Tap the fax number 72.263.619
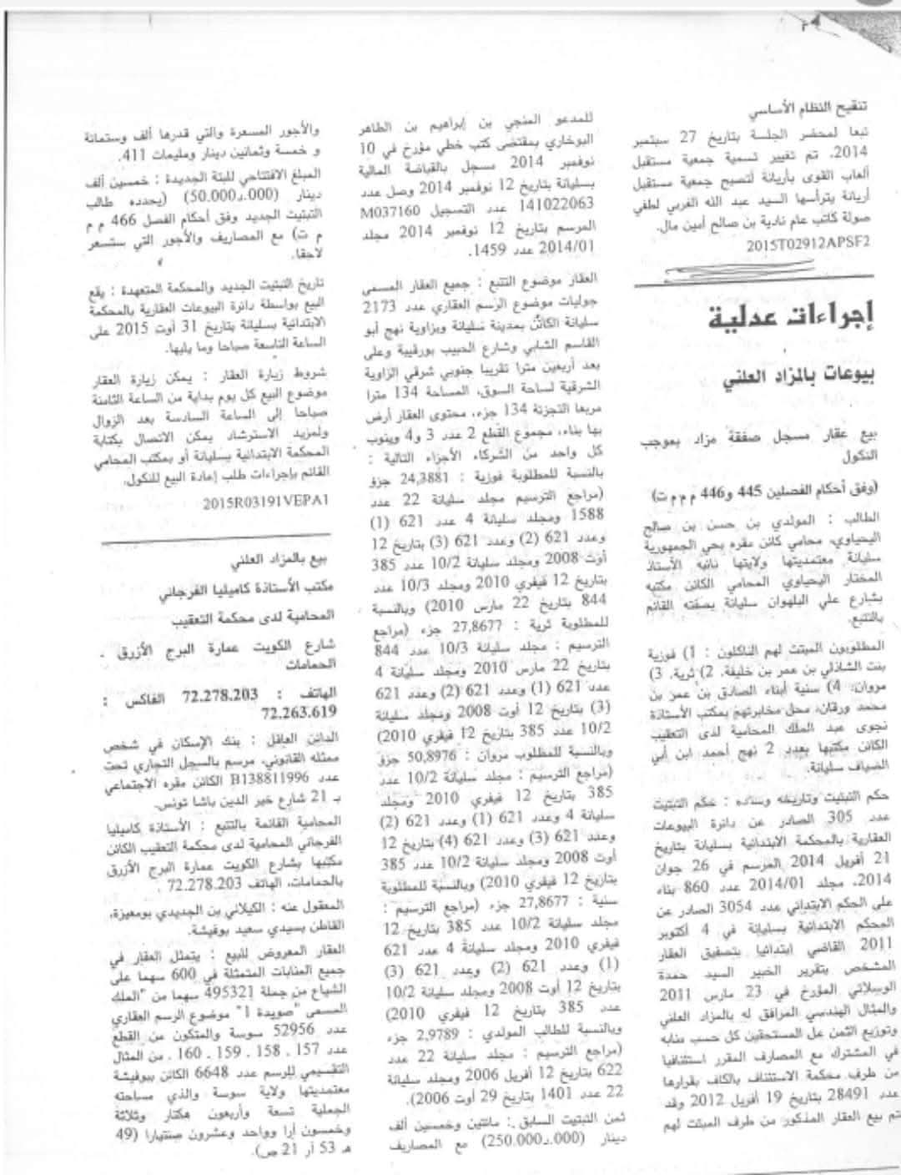click(299, 712)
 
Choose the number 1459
click(480, 250)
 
